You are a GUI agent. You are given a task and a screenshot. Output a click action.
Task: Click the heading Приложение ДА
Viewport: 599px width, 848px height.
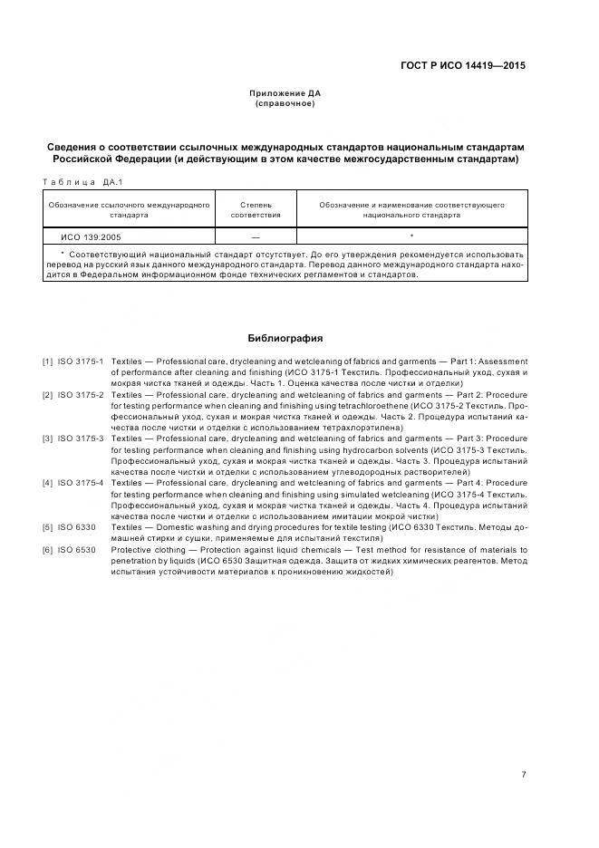point(285,93)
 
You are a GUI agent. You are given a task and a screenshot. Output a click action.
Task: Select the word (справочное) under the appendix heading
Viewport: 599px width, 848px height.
point(285,103)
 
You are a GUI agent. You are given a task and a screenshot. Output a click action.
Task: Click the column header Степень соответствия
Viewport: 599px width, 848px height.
point(256,210)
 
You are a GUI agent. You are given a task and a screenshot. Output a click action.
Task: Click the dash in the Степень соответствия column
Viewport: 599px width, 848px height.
point(256,236)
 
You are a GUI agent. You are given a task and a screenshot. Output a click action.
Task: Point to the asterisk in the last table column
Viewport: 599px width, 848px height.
point(411,236)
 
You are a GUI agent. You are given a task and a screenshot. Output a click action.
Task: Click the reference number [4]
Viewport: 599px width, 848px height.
point(47,483)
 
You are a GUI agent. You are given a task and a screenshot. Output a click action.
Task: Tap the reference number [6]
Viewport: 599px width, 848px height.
point(47,550)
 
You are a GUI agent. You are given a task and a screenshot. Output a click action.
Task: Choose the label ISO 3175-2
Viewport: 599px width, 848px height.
point(82,396)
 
